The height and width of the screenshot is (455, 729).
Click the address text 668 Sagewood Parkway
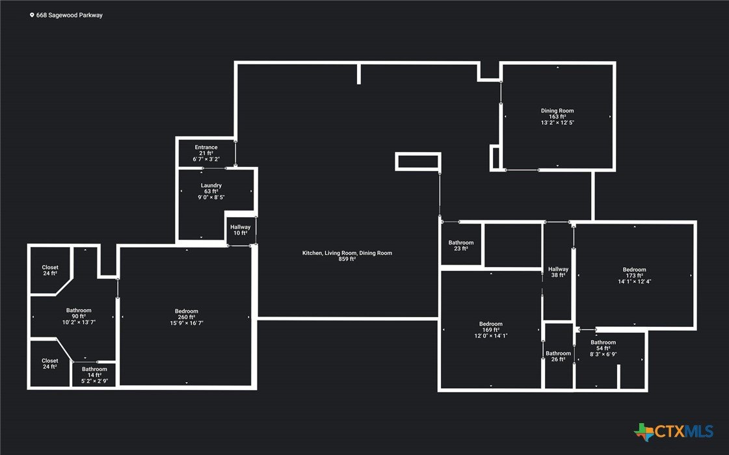point(70,15)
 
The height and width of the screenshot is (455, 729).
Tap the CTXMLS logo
point(673,432)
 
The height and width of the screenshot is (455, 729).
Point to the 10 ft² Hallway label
point(241,230)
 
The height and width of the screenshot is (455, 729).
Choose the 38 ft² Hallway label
point(558,272)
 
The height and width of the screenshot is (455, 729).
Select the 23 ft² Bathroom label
point(460,246)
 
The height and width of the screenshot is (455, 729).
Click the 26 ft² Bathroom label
point(558,356)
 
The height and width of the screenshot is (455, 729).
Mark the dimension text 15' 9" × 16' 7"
point(187,323)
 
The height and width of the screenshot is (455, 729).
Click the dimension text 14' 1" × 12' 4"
point(635,281)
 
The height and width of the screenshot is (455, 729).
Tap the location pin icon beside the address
point(32,15)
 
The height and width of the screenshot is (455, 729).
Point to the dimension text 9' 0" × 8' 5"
point(211,197)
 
